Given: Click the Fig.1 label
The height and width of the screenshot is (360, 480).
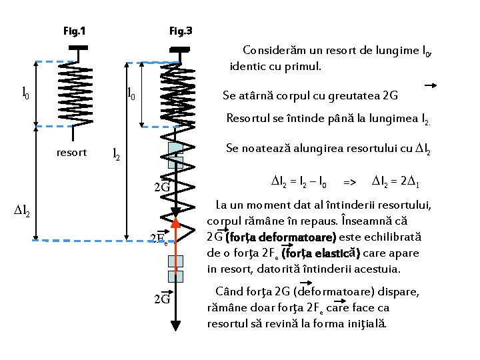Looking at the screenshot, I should pyautogui.click(x=74, y=31).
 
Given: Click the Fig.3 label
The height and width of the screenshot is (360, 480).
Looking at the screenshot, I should pyautogui.click(x=181, y=31).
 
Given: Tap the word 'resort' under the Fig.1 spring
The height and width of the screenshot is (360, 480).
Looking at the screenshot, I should pyautogui.click(x=71, y=152).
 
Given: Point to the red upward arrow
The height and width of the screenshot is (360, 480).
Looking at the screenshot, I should pyautogui.click(x=177, y=253).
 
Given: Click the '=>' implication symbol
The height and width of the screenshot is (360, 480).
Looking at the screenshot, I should pyautogui.click(x=349, y=181).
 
